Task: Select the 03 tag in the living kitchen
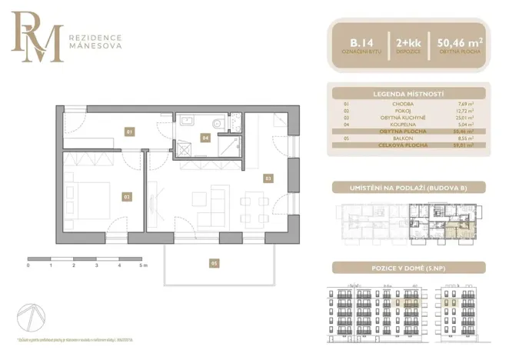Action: tap(268, 178)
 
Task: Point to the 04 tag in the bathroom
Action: tap(205, 138)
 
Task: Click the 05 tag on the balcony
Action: tap(215, 263)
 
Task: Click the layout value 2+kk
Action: tap(408, 42)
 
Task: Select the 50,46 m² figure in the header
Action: tap(460, 42)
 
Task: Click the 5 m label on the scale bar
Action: tap(143, 265)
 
